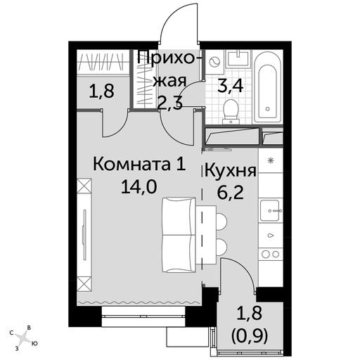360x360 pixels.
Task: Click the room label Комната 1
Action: [139, 164]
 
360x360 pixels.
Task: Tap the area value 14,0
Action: [139, 187]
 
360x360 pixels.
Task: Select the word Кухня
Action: [231, 171]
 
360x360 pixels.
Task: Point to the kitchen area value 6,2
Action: [231, 193]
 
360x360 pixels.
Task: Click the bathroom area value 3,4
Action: [231, 86]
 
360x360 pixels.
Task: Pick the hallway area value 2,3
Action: [170, 103]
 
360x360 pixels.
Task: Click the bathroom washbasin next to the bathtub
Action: [238, 58]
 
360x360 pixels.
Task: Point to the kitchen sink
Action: [270, 210]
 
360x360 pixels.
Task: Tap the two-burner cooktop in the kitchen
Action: [270, 254]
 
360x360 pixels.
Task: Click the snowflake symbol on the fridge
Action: [271, 161]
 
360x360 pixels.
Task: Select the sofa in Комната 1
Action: [179, 235]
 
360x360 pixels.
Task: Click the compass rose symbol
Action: [22, 338]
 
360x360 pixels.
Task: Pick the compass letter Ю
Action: [34, 344]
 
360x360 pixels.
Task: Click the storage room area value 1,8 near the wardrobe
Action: [102, 91]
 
